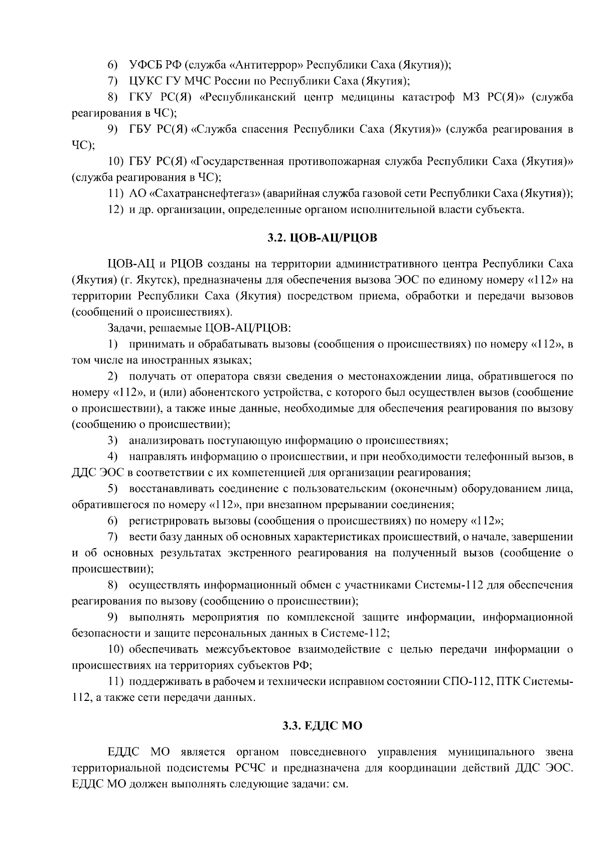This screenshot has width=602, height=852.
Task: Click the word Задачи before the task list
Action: point(125,328)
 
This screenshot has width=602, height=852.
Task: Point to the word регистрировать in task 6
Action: point(169,521)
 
